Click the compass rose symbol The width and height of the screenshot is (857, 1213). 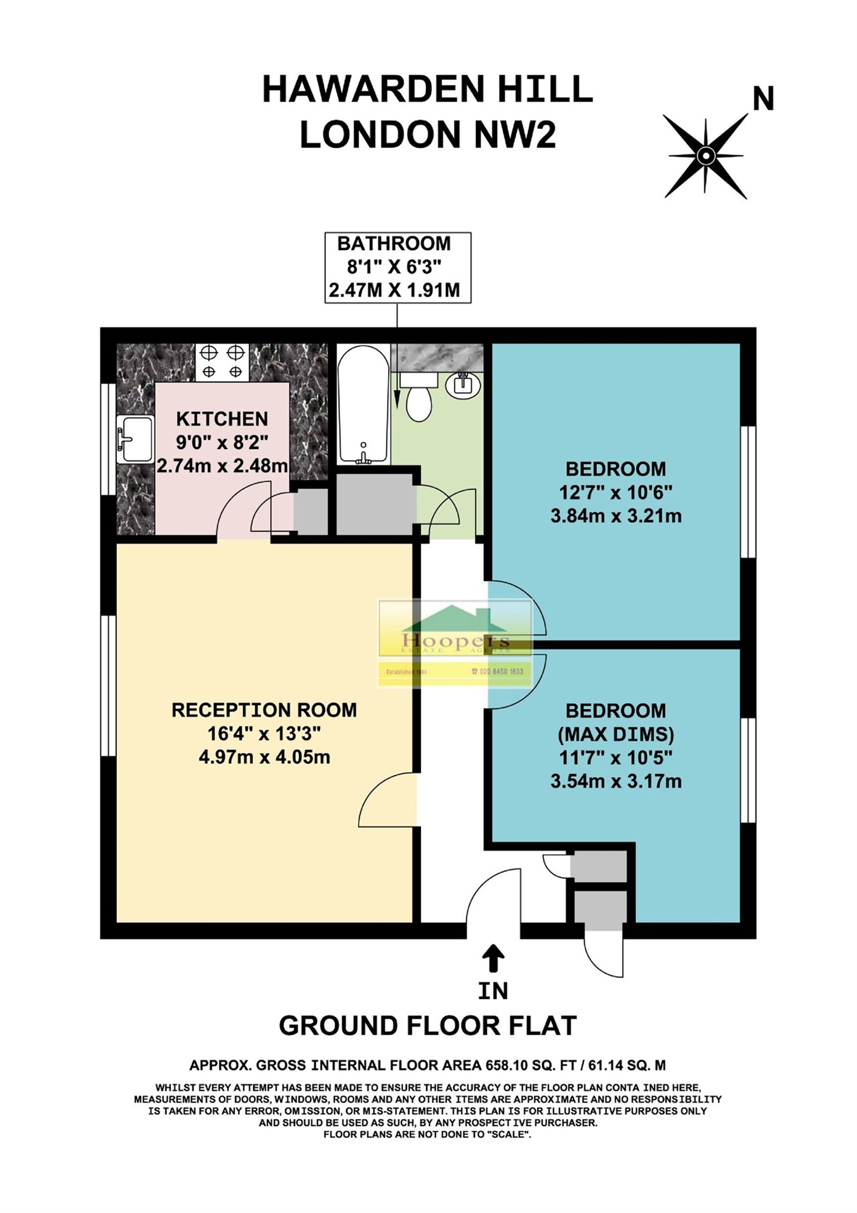pyautogui.click(x=706, y=156)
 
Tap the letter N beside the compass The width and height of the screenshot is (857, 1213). pyautogui.click(x=763, y=100)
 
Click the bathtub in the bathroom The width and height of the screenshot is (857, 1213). pyautogui.click(x=363, y=404)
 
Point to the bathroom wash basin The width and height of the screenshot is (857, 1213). pyautogui.click(x=463, y=385)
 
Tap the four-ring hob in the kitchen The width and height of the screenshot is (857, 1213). pyautogui.click(x=222, y=362)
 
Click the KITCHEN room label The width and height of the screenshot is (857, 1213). pyautogui.click(x=222, y=419)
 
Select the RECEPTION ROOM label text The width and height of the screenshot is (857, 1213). pyautogui.click(x=264, y=710)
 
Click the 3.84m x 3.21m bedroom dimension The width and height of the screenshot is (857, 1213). pyautogui.click(x=616, y=516)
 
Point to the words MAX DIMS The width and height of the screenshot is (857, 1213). pyautogui.click(x=616, y=734)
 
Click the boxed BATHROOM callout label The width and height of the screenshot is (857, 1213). pyautogui.click(x=397, y=267)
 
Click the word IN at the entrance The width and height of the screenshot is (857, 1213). pyautogui.click(x=493, y=991)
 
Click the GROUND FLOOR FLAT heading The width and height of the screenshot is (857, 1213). pyautogui.click(x=427, y=1026)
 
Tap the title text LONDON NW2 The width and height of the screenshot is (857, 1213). pyautogui.click(x=427, y=135)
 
